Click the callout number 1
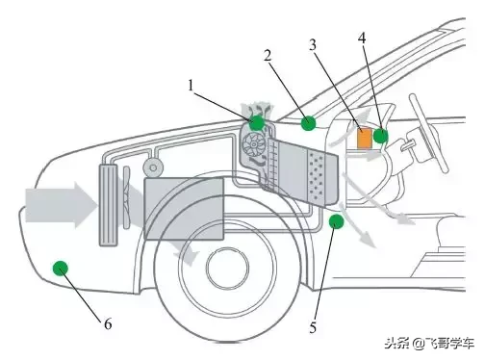click(191, 86)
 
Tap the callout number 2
click(268, 56)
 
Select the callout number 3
click(313, 45)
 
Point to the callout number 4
click(362, 39)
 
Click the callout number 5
click(313, 327)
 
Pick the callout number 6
click(108, 324)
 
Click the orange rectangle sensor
click(365, 139)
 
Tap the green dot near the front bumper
click(61, 269)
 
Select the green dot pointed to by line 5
click(337, 221)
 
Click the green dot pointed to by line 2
click(309, 123)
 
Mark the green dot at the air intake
click(257, 122)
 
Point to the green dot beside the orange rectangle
click(381, 136)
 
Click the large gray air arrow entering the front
click(61, 205)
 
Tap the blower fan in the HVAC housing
click(254, 145)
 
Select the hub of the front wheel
click(228, 267)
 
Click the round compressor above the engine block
click(153, 167)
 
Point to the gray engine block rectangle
click(184, 209)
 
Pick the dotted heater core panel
click(321, 177)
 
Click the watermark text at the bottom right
click(429, 344)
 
